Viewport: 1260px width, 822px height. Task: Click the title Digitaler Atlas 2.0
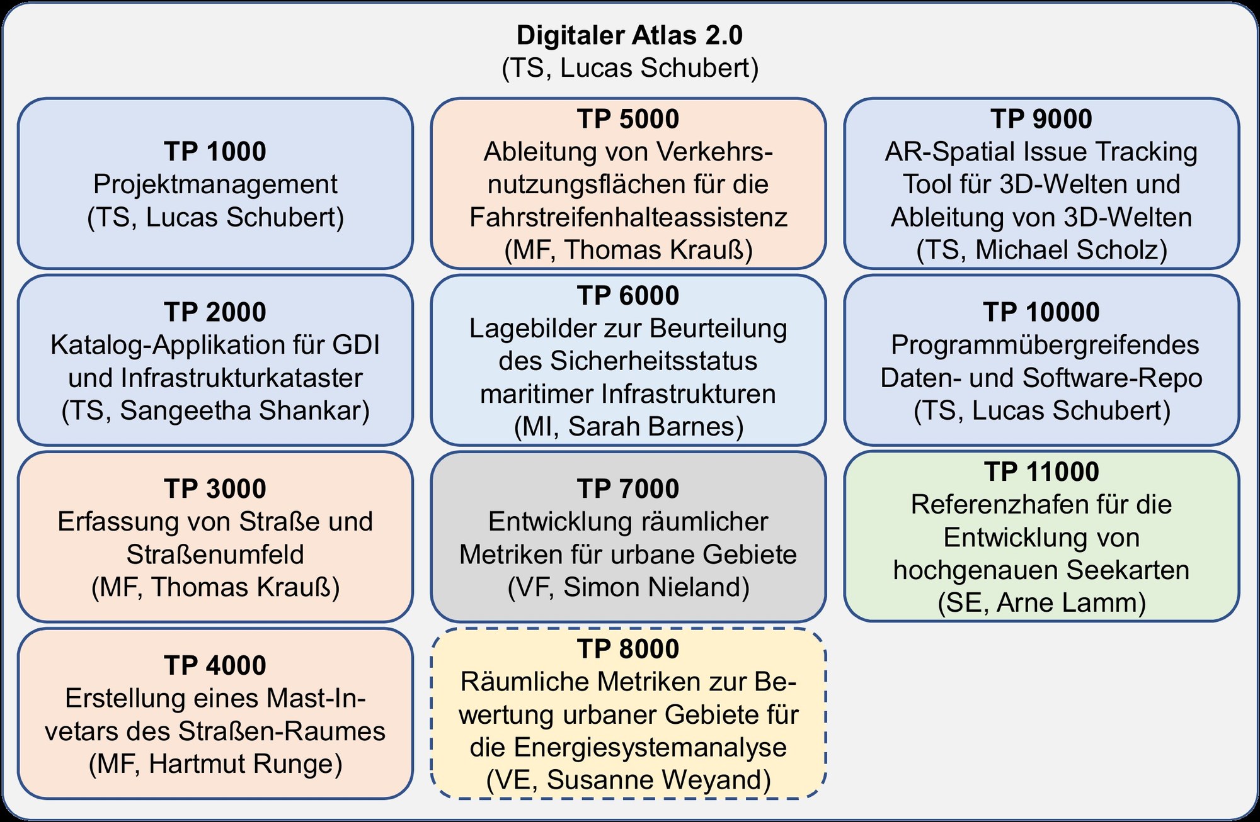tap(629, 35)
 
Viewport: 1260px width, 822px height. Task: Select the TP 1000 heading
tap(215, 152)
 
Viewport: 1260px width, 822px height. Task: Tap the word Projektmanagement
tap(215, 184)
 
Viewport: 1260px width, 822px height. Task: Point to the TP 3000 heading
tap(215, 489)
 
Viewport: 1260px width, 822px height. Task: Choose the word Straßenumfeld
tap(215, 555)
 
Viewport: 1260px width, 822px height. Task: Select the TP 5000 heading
tap(628, 119)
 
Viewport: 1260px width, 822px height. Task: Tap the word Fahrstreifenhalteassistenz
tap(628, 217)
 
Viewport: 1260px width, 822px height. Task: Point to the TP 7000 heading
tap(628, 489)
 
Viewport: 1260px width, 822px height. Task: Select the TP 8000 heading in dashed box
tap(628, 649)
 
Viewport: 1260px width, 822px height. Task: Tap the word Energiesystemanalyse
tap(650, 747)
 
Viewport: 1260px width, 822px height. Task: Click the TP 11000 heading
tap(1041, 472)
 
